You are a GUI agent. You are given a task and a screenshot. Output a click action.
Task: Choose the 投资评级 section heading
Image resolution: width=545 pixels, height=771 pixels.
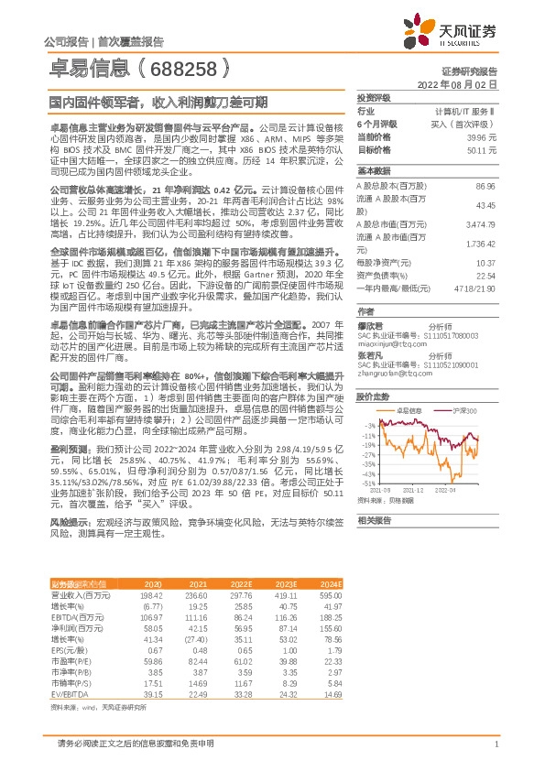click(374, 97)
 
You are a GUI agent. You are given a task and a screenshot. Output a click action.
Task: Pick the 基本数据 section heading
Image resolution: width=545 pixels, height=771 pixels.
click(374, 171)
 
